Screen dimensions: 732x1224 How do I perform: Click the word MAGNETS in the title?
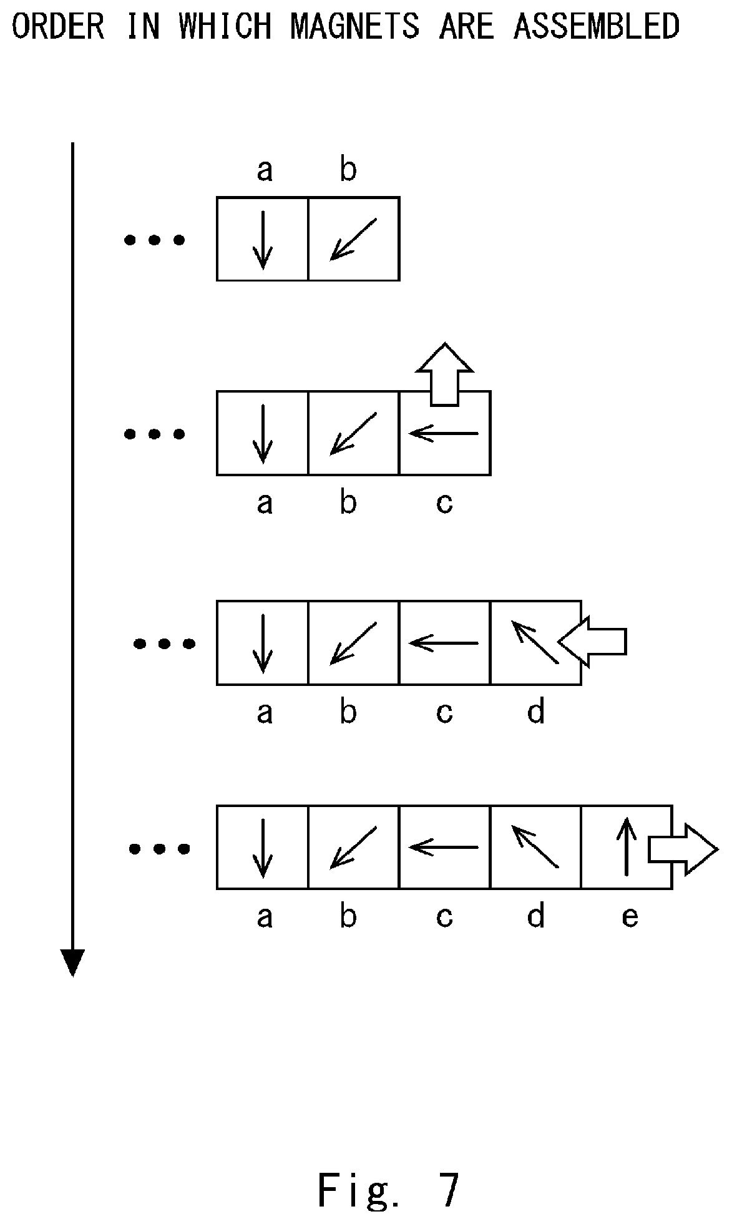point(354,26)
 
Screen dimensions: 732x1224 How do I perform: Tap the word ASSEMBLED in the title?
point(597,26)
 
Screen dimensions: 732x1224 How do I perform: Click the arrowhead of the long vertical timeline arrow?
point(72,962)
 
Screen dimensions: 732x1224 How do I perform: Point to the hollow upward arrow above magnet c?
point(444,374)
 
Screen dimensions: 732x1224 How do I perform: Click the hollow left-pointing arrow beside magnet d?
point(592,642)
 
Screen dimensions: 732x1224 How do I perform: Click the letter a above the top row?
point(265,170)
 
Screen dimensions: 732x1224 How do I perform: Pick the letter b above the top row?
point(348,168)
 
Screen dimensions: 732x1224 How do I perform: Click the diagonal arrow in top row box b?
point(353,238)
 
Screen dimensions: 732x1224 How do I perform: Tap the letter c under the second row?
point(444,502)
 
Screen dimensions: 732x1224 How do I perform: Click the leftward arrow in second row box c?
point(443,433)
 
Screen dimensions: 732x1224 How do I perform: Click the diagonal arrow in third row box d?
point(535,642)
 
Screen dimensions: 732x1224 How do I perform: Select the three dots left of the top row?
point(155,240)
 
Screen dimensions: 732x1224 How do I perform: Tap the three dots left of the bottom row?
point(159,848)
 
